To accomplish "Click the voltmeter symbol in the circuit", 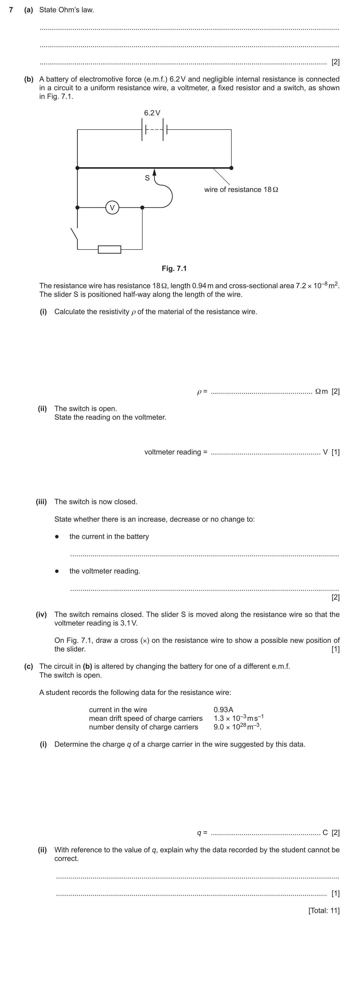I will pos(112,208).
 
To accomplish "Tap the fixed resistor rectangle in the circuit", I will pos(109,250).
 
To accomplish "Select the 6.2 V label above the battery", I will pos(152,113).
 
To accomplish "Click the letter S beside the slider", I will pos(147,178).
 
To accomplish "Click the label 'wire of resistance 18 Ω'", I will pos(241,190).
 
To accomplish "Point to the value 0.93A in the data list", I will pos(223,710).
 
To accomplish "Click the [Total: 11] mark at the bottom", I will pos(324,910).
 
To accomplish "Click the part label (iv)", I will pos(41,614).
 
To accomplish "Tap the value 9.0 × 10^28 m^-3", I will pos(237,727).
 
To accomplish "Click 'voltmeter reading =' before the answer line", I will pos(176,452).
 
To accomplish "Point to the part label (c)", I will pos(28,666).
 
